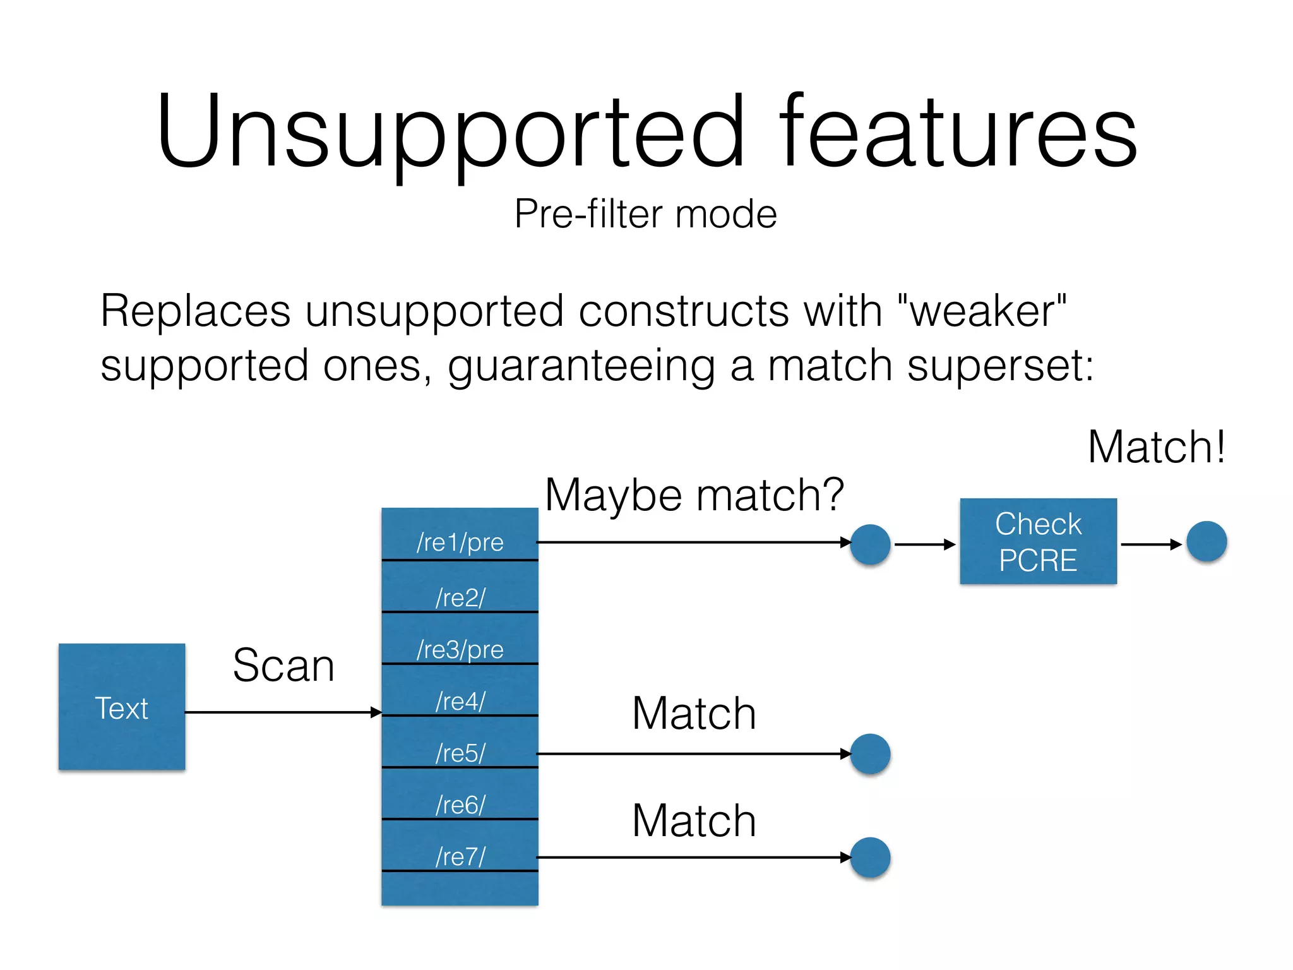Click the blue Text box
pyautogui.click(x=122, y=707)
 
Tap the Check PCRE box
pyautogui.click(x=1038, y=541)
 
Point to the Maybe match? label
pyautogui.click(x=694, y=495)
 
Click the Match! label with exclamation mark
pyautogui.click(x=1156, y=447)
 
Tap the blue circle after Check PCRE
pyautogui.click(x=1206, y=542)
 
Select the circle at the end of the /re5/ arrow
pyautogui.click(x=870, y=753)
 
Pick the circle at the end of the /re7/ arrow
pyautogui.click(x=870, y=857)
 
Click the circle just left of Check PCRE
pyautogui.click(x=870, y=544)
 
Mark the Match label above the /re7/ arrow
pyautogui.click(x=694, y=820)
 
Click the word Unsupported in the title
pyautogui.click(x=450, y=133)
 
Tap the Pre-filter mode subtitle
pyautogui.click(x=645, y=213)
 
